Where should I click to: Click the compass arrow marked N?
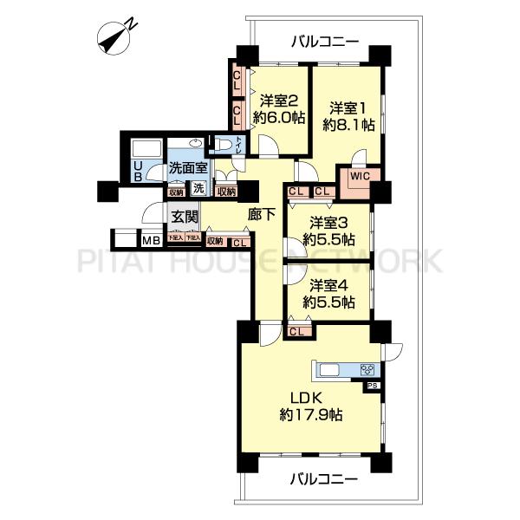pyautogui.click(x=115, y=36)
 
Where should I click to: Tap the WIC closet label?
pyautogui.click(x=361, y=176)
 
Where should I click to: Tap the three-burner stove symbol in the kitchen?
pyautogui.click(x=367, y=370)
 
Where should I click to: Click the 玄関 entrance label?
pyautogui.click(x=184, y=217)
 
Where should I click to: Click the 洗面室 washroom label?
pyautogui.click(x=188, y=169)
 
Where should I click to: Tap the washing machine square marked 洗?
pyautogui.click(x=198, y=190)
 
